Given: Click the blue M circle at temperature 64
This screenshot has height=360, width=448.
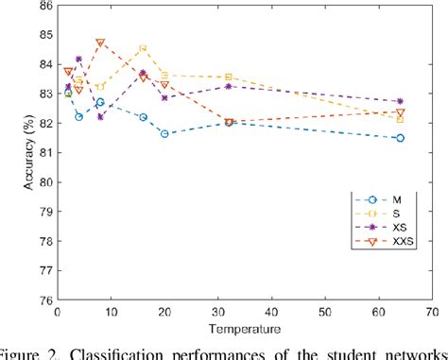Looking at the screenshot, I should point(400,138).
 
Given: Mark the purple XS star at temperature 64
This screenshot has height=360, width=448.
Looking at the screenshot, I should point(400,101).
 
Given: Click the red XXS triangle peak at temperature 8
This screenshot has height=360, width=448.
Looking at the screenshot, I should point(100,43).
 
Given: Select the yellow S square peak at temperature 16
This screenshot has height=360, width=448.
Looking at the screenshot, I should point(143,48).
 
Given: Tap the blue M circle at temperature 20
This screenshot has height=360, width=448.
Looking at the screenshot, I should point(164,134).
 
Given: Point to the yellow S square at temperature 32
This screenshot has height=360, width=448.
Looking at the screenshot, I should point(229,77).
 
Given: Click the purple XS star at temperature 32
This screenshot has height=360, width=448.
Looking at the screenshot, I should point(229,86).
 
